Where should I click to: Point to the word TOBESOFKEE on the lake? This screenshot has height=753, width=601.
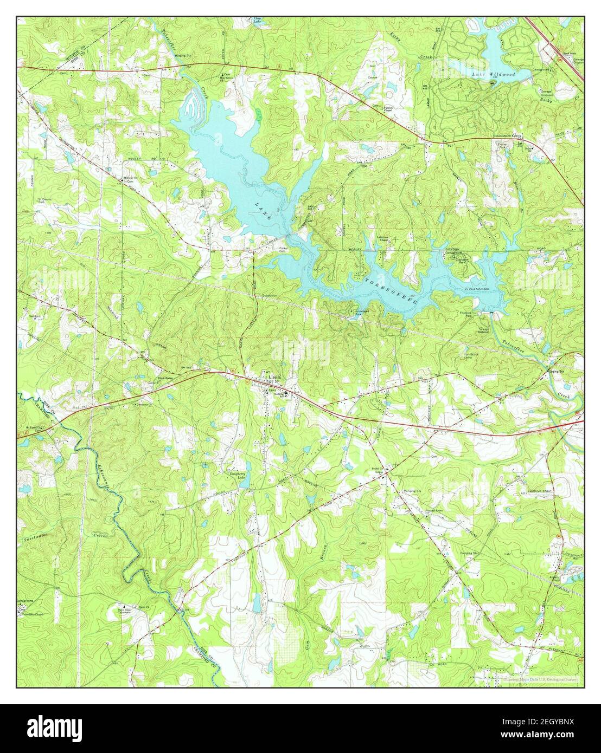click(391, 290)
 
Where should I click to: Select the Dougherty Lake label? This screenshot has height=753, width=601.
click(236, 475)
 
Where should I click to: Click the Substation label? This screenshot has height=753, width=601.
click(270, 295)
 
